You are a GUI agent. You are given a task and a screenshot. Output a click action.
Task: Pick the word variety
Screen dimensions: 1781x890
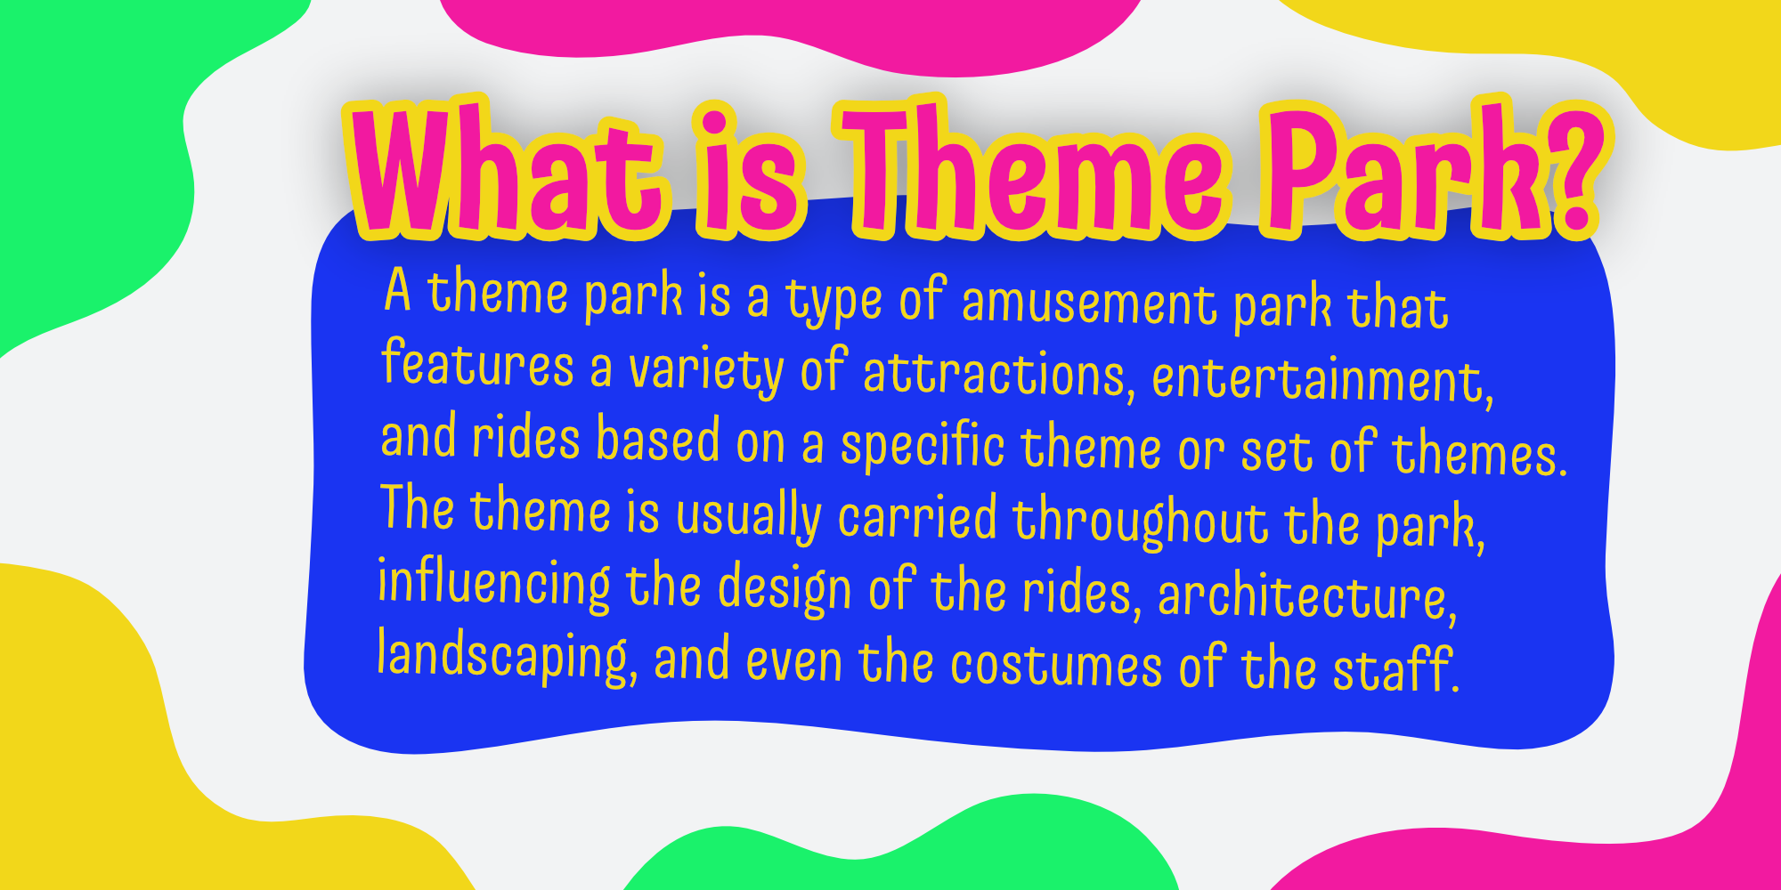coord(705,368)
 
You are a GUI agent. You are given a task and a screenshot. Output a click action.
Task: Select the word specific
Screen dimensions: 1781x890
coord(923,445)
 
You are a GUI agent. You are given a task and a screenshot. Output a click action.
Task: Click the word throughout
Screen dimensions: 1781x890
coord(1140,522)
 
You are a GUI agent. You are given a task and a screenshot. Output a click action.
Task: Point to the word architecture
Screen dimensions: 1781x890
coord(1307,596)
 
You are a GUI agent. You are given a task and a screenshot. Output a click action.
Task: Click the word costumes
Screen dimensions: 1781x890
coord(1056,666)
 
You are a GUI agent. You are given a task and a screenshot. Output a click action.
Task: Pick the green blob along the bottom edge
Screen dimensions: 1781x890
coord(899,854)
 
